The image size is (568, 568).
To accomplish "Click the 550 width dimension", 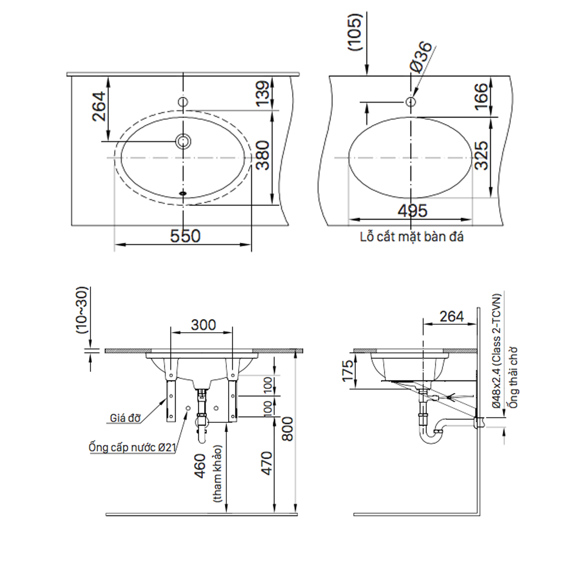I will click(185, 236).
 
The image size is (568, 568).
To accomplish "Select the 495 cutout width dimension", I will click(412, 211).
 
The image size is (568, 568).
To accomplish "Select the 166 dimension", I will click(481, 96).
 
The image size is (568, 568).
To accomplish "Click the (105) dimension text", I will click(355, 32).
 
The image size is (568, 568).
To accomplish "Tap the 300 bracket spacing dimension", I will click(203, 325).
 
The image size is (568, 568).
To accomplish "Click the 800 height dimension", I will click(287, 428).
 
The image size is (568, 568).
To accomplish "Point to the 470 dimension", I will click(266, 464).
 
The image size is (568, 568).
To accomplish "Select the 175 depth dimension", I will click(348, 371).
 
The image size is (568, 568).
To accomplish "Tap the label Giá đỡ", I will click(125, 418).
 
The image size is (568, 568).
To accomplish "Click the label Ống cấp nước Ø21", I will click(132, 447).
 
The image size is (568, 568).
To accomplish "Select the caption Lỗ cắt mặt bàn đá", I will click(412, 237).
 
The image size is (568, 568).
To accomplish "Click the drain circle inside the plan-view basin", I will click(183, 141).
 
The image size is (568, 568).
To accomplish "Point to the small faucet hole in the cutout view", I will click(411, 101).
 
